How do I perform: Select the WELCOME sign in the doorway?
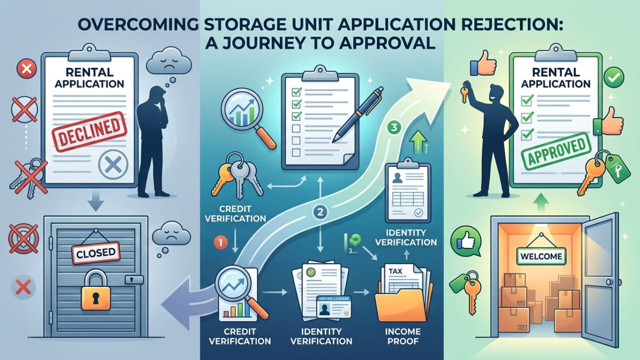[x=542, y=257]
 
